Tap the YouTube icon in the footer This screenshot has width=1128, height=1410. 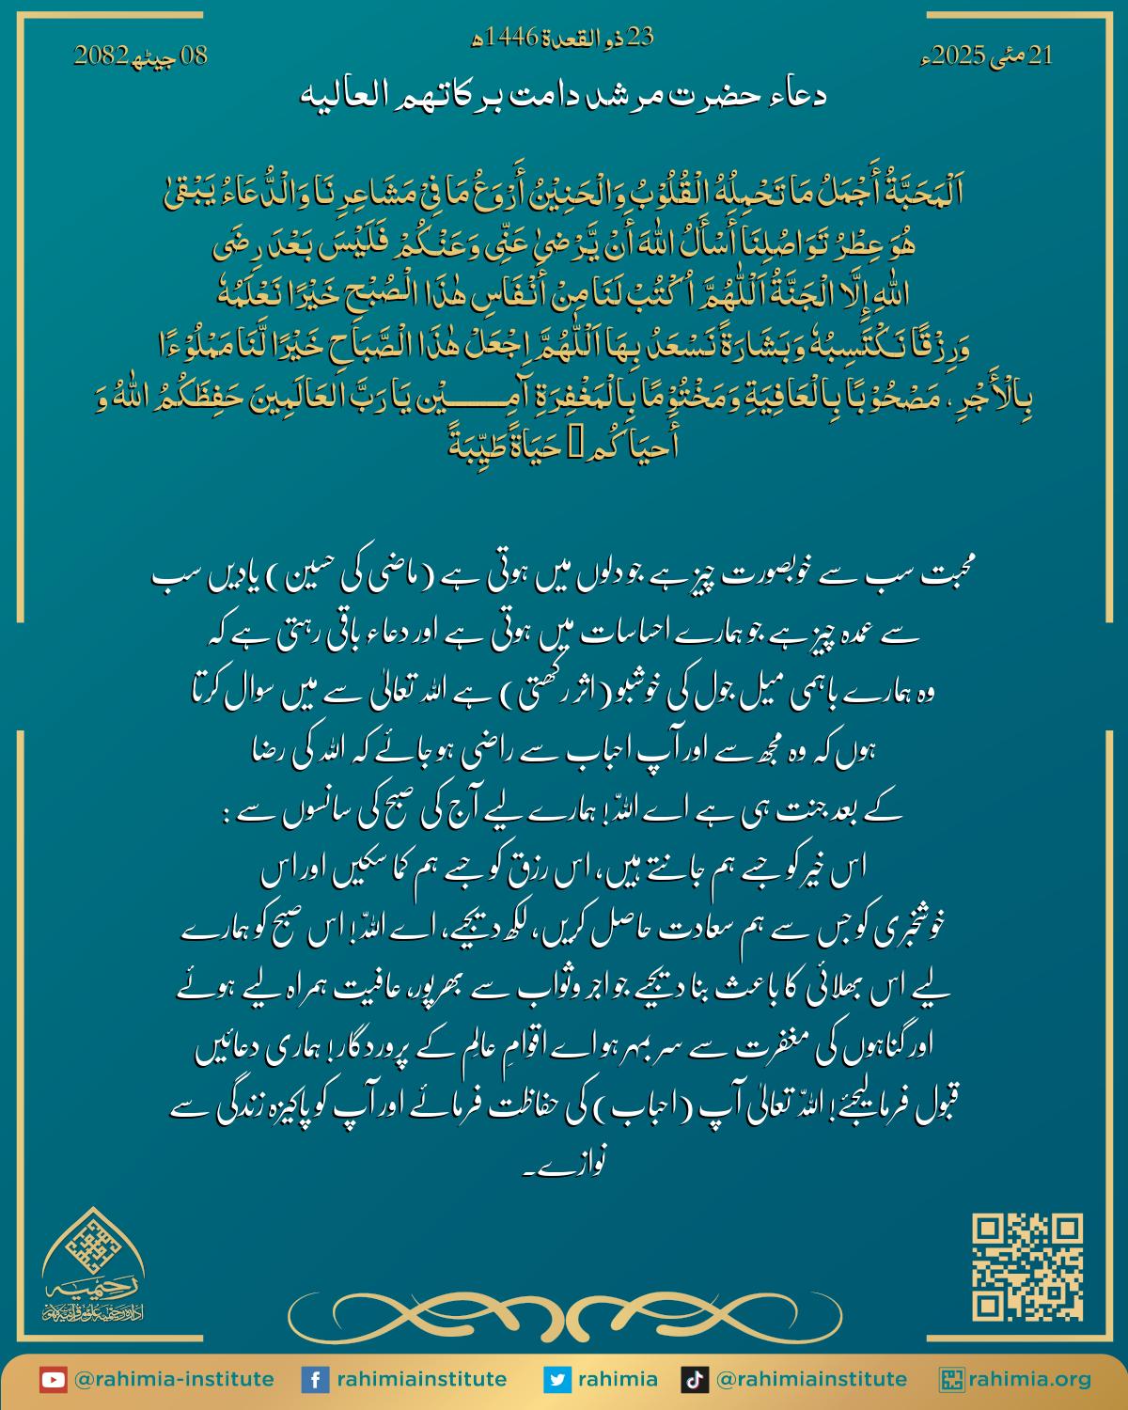[53, 1380]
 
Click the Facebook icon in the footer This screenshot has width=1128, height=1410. [314, 1380]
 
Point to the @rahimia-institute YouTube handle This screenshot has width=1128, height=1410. [174, 1380]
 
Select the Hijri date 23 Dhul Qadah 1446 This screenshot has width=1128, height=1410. [562, 39]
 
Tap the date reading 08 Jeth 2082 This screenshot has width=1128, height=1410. [141, 56]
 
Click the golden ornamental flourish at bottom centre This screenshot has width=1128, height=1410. [564, 1311]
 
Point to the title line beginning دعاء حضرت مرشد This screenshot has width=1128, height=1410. [564, 95]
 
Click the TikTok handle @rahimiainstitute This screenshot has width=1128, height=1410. [811, 1380]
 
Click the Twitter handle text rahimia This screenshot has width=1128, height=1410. [617, 1380]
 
